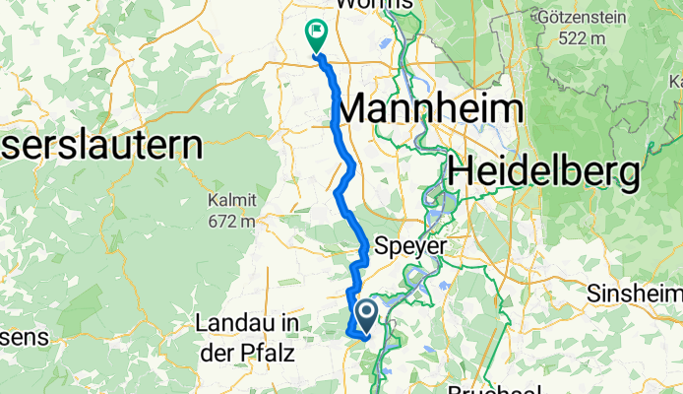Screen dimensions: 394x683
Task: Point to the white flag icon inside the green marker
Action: [317, 31]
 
